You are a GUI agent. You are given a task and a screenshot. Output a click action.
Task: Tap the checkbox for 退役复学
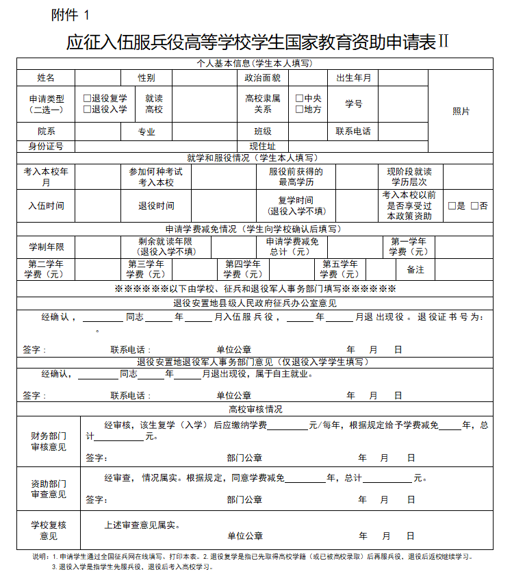pyautogui.click(x=87, y=99)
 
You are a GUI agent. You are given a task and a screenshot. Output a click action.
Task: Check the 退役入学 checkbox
pyautogui.click(x=87, y=109)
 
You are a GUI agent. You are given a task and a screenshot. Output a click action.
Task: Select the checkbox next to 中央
pyautogui.click(x=299, y=99)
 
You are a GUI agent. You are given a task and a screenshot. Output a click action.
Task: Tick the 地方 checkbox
pyautogui.click(x=299, y=109)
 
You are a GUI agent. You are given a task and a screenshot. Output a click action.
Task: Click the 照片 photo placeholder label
pyautogui.click(x=461, y=111)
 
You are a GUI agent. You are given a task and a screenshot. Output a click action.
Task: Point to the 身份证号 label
pyautogui.click(x=46, y=146)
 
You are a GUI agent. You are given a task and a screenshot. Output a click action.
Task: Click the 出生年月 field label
pyautogui.click(x=353, y=78)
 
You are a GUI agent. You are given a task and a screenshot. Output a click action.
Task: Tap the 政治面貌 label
pyautogui.click(x=263, y=78)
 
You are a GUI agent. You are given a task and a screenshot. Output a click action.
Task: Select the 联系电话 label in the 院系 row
pyautogui.click(x=353, y=132)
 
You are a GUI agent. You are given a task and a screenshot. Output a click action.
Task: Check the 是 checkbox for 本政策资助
pyautogui.click(x=452, y=205)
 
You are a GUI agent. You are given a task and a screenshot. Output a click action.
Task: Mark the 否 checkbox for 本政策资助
pyautogui.click(x=474, y=205)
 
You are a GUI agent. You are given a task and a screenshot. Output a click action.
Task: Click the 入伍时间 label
pyautogui.click(x=46, y=205)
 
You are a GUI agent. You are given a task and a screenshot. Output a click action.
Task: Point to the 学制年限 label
pyautogui.click(x=46, y=247)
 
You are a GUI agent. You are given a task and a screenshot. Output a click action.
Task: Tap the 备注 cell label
pyautogui.click(x=415, y=270)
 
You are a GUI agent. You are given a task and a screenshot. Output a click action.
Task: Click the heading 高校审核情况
pyautogui.click(x=255, y=410)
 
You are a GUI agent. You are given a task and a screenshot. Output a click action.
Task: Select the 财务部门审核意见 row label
pyautogui.click(x=49, y=442)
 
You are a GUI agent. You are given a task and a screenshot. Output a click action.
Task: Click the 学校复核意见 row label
pyautogui.click(x=49, y=530)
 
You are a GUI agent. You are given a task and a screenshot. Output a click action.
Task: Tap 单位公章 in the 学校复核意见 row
pyautogui.click(x=245, y=536)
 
